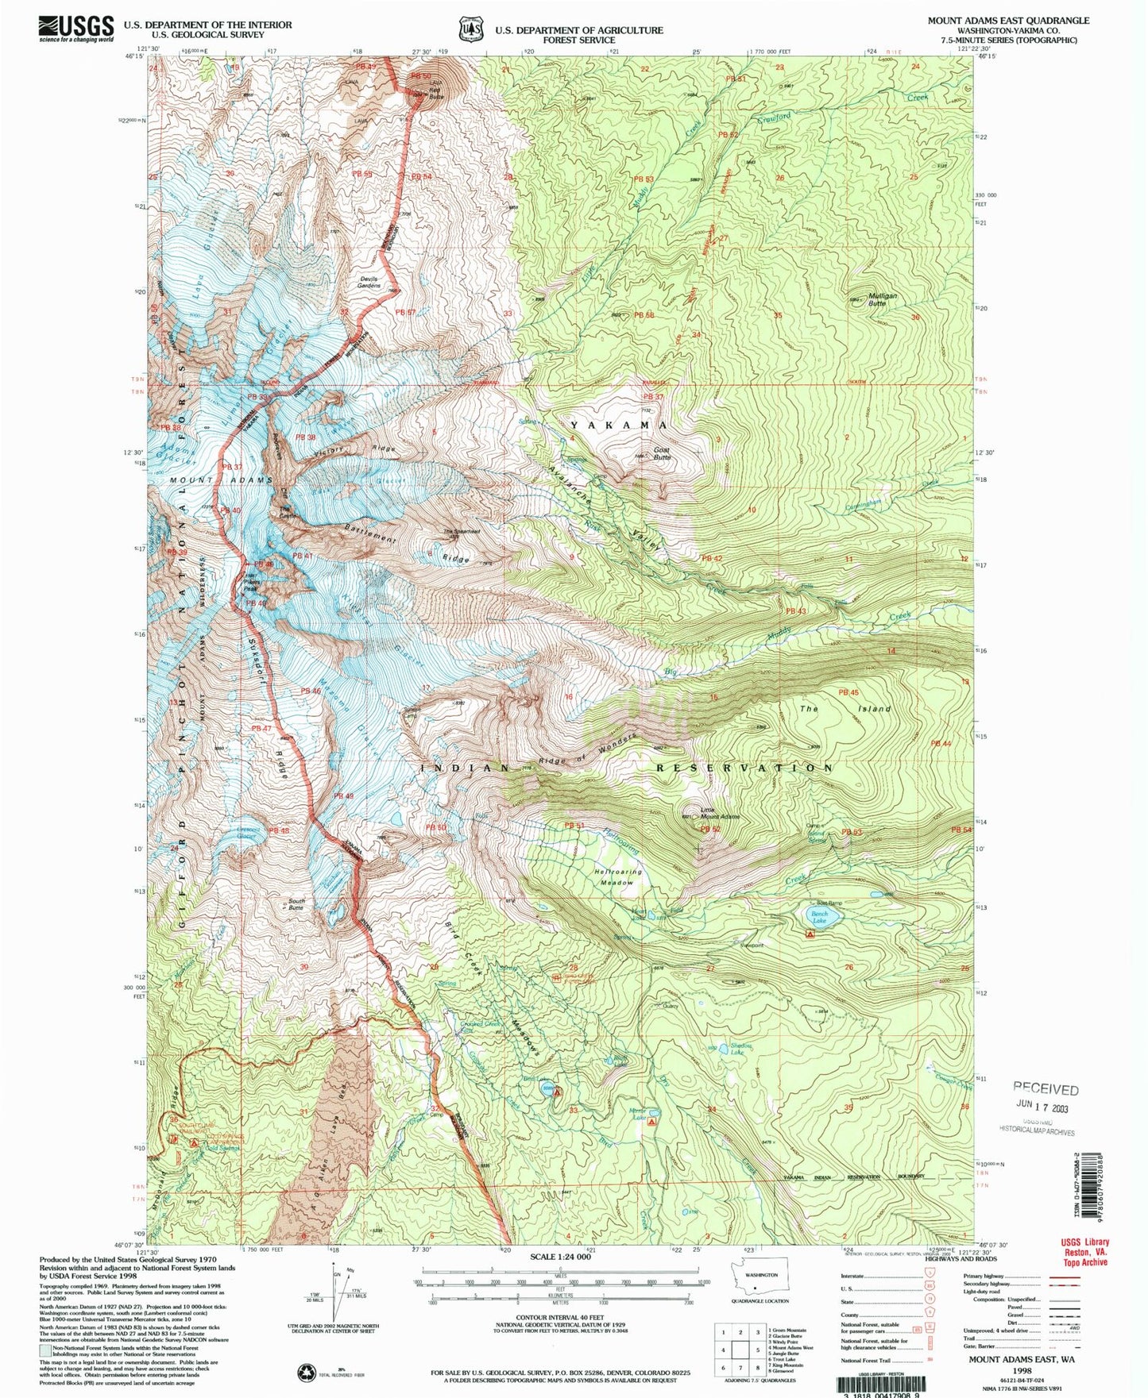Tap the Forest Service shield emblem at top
[x=470, y=29]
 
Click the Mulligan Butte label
[x=882, y=299]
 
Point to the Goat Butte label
[x=662, y=453]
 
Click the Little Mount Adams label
[x=720, y=813]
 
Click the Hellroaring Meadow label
[x=617, y=876]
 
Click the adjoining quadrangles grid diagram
[x=740, y=1349]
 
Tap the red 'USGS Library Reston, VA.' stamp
[x=1084, y=1252]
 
